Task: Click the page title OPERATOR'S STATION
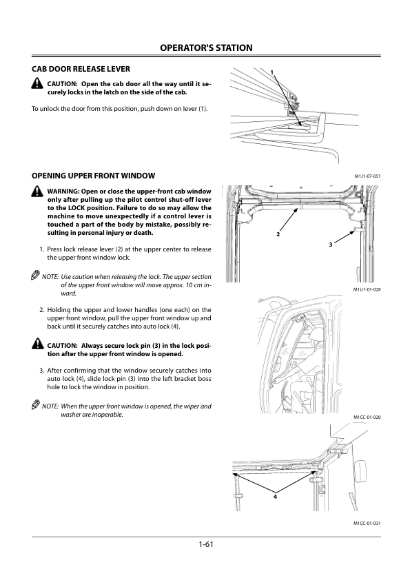tap(206, 48)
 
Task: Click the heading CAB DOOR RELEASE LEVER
tap(81, 69)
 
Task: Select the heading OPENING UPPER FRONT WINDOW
tap(93, 176)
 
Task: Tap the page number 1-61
tap(206, 544)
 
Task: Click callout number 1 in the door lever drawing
tap(272, 72)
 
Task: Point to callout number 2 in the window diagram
tap(278, 234)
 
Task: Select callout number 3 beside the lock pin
tap(331, 245)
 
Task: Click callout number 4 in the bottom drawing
tap(275, 497)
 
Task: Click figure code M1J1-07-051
tap(367, 176)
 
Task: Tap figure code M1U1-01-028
tap(367, 289)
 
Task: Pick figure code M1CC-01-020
tap(367, 417)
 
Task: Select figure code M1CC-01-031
tap(367, 523)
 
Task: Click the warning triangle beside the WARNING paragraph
tap(37, 191)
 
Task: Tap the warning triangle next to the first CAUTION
tap(37, 83)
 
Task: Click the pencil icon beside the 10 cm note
tap(36, 276)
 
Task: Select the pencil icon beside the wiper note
tap(36, 405)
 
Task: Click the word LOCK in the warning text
tap(76, 208)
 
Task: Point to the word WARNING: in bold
tap(63, 191)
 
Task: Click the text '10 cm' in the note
tap(194, 285)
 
